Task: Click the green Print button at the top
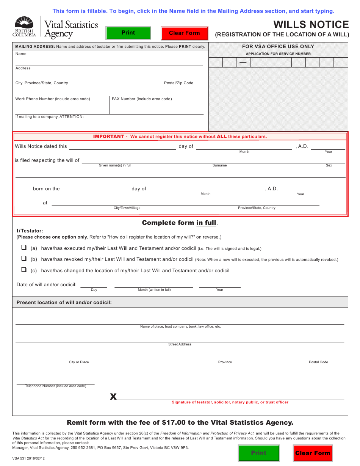coord(128,33)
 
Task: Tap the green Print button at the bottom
coord(258,453)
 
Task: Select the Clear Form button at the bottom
coord(313,453)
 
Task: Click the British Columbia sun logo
coord(24,22)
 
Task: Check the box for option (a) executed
coord(24,248)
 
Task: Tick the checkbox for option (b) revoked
coord(24,259)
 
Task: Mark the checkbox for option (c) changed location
coord(24,270)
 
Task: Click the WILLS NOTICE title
coord(311,25)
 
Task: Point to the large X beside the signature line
coord(113,397)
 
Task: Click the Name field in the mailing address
coord(109,61)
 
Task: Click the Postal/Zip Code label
coord(178,83)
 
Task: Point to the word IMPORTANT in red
coord(108,137)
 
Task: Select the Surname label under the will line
coord(219,165)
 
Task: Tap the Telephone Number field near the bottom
coord(55,380)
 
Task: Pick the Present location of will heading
coord(64,302)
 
